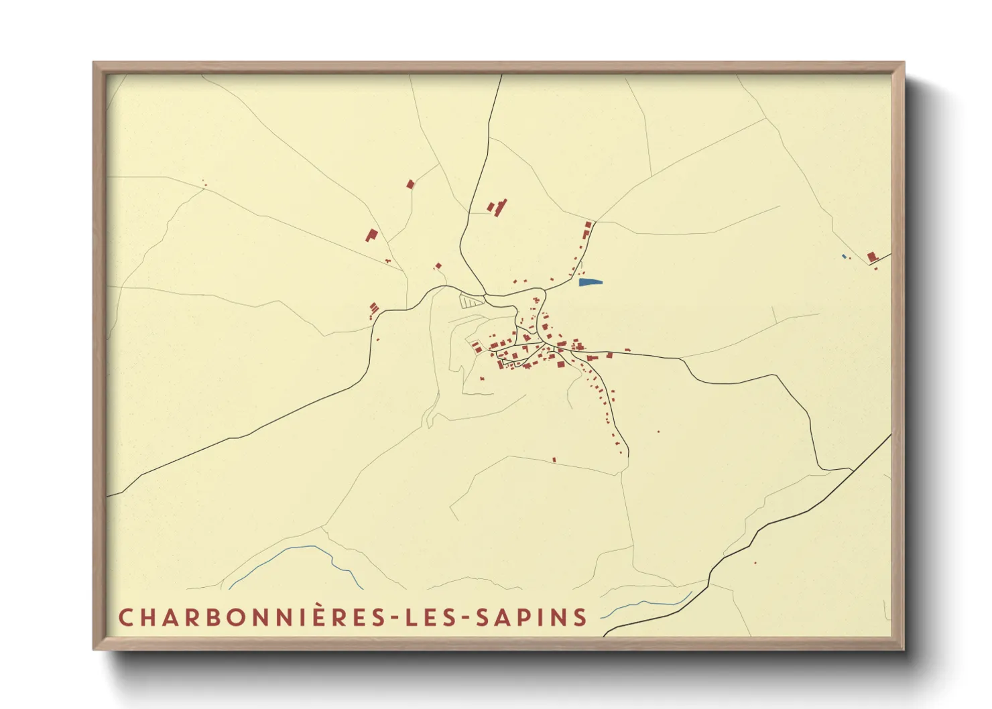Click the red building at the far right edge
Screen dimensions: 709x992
(x=871, y=257)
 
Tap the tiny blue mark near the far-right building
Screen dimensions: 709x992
(x=843, y=256)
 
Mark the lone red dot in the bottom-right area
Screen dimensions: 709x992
(x=755, y=563)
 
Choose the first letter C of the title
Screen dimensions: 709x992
(x=125, y=617)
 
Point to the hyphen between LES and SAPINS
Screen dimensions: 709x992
(x=468, y=618)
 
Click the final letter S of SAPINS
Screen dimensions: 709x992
(x=580, y=617)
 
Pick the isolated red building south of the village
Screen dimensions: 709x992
(x=554, y=460)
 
